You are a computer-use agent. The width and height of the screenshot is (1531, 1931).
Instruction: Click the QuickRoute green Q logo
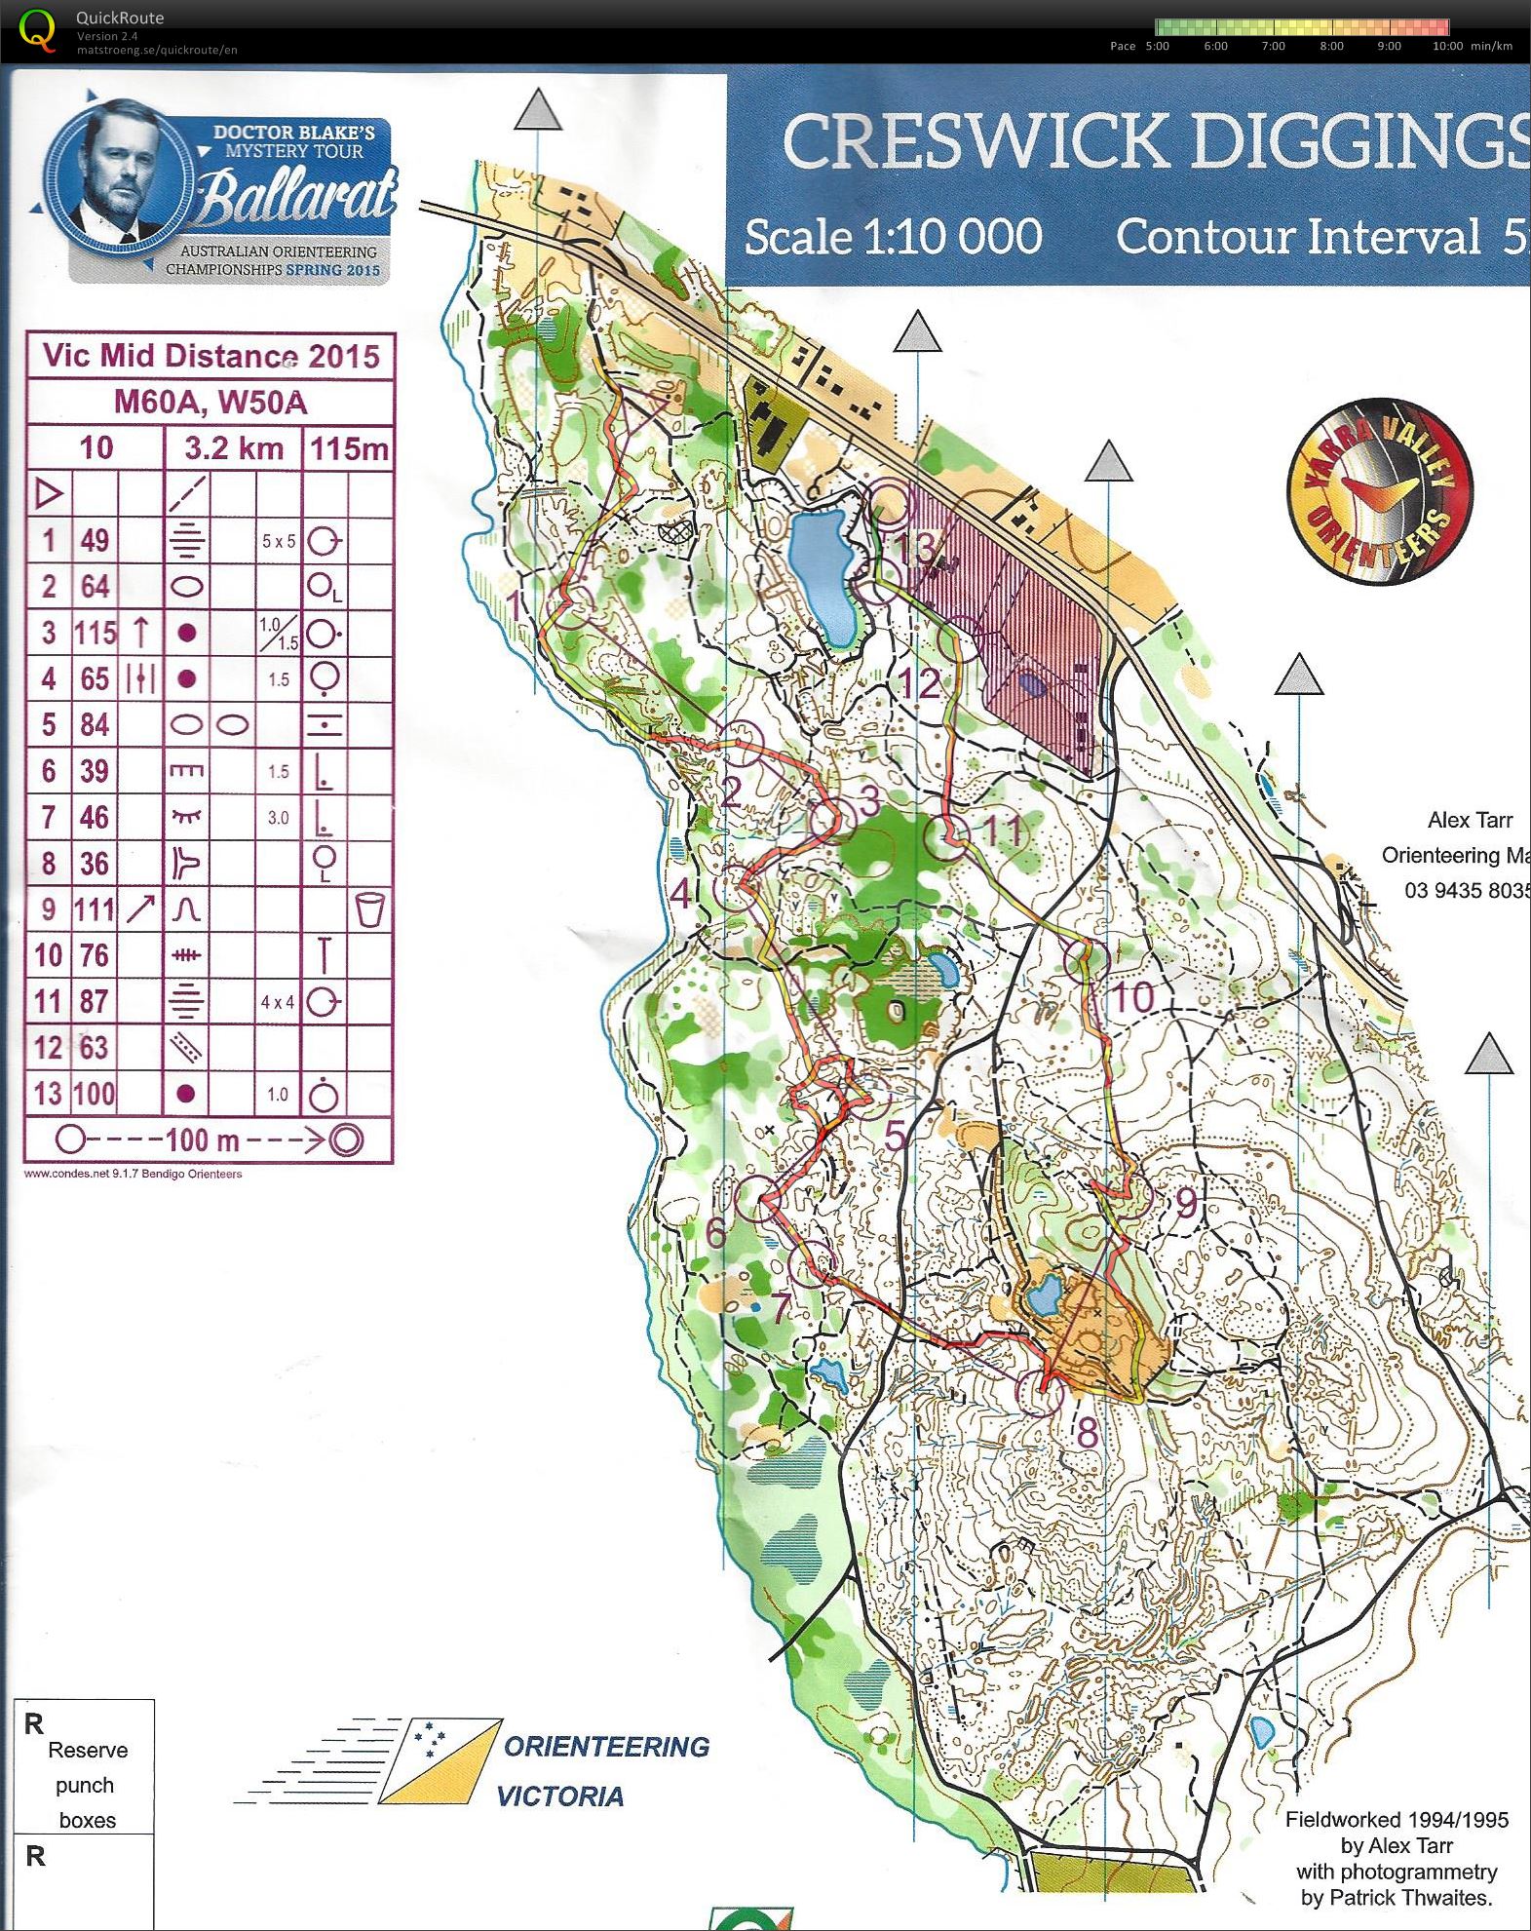[37, 29]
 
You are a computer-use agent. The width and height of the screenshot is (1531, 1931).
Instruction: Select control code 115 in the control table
[95, 634]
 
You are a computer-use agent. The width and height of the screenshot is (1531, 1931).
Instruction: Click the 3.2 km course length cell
[234, 448]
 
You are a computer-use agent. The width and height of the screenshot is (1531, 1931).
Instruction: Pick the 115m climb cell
[349, 448]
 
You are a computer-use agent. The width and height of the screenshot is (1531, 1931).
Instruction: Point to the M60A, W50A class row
[211, 402]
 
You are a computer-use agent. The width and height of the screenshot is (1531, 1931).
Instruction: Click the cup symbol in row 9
[371, 909]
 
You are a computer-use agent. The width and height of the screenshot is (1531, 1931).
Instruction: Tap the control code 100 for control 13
[95, 1094]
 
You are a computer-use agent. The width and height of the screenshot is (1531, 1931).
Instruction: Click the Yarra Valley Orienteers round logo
[1379, 491]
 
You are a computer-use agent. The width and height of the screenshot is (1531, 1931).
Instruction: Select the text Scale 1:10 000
[893, 237]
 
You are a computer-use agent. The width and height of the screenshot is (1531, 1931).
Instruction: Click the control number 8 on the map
[1087, 1432]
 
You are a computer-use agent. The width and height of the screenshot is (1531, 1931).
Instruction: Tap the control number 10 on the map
[1131, 997]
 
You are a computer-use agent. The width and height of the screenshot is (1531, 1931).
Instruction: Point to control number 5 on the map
[894, 1136]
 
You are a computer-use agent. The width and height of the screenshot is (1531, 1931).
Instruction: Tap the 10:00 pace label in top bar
[1447, 46]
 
